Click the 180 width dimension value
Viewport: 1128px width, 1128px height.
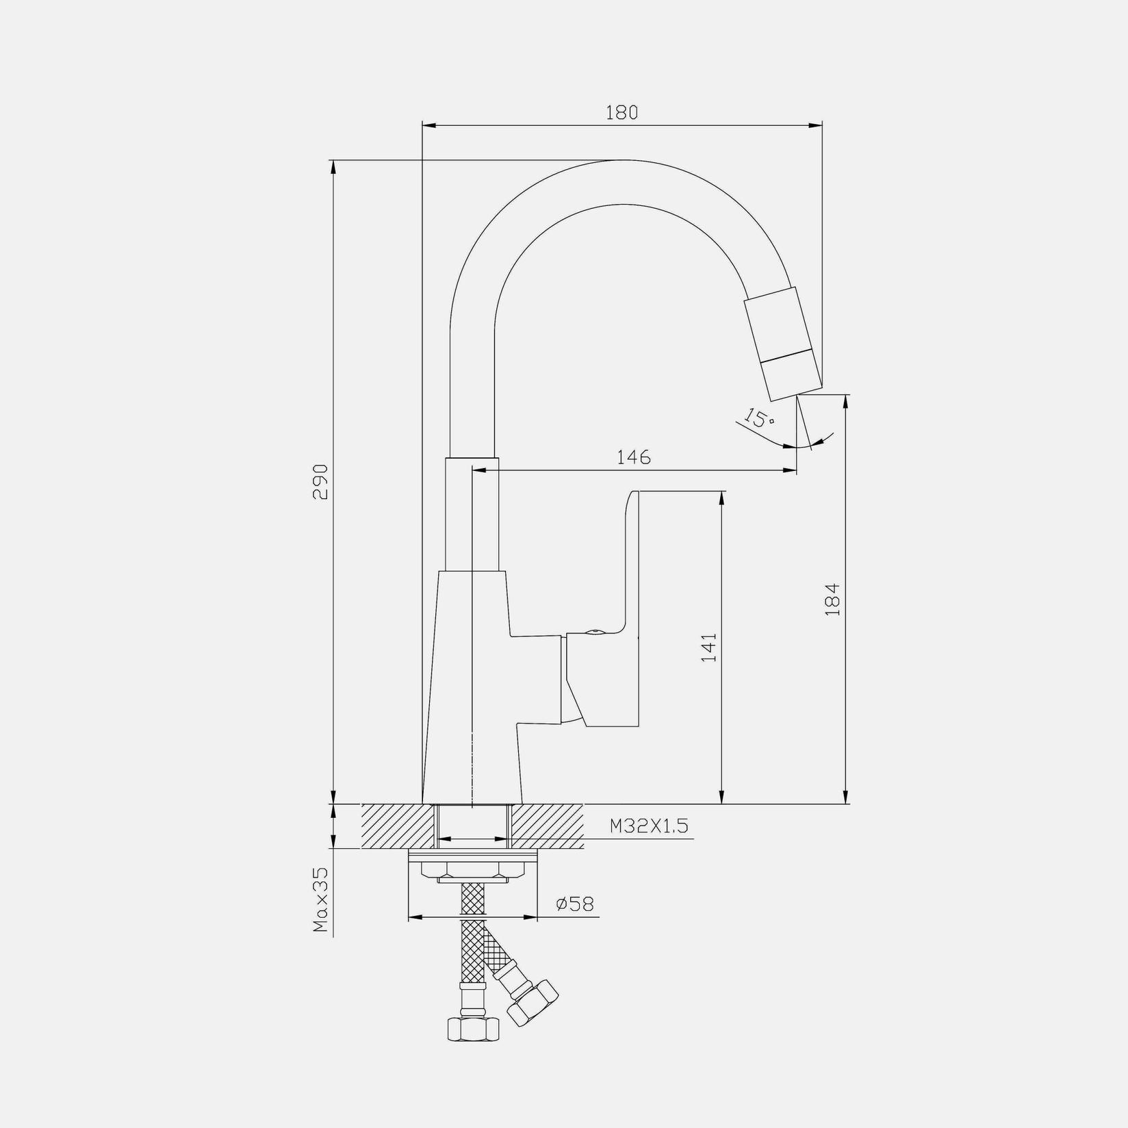click(x=621, y=112)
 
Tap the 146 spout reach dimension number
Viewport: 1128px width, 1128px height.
click(x=634, y=457)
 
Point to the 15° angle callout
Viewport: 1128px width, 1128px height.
click(x=758, y=418)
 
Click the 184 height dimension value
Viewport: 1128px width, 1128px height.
click(x=832, y=600)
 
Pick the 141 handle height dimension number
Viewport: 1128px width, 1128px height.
click(x=709, y=647)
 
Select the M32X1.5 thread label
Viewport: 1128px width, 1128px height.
click(x=649, y=826)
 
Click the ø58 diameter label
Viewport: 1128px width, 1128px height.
click(x=575, y=904)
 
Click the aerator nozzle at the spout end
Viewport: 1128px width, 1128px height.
click(x=783, y=344)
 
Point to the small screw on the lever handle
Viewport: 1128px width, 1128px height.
click(x=594, y=632)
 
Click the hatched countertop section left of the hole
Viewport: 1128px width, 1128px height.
click(x=398, y=826)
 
